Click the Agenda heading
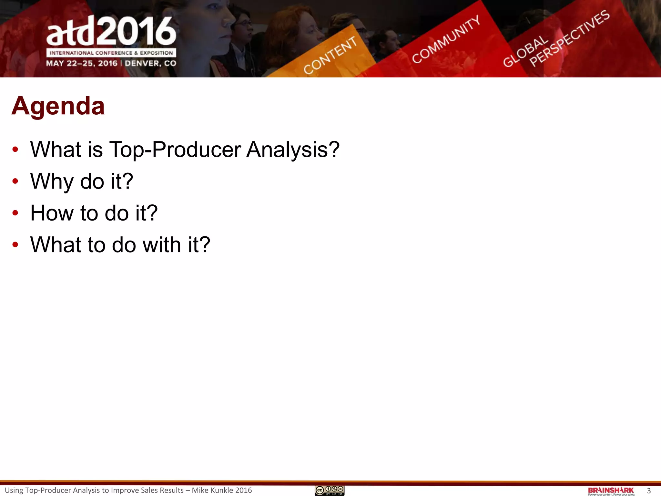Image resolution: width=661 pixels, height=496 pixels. click(58, 106)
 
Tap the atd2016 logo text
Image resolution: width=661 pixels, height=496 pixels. click(111, 32)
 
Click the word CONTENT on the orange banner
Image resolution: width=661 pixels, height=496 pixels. click(330, 55)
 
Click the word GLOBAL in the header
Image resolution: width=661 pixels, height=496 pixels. click(525, 52)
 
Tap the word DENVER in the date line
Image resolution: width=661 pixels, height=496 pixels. click(142, 63)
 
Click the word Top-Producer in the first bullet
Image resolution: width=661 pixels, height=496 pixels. click(175, 150)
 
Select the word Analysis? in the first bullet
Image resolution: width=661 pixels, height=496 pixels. click(293, 150)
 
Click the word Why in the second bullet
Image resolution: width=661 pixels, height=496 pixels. click(52, 181)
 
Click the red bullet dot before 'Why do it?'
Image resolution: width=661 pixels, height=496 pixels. click(15, 181)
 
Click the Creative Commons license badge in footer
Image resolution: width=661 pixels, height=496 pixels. click(330, 491)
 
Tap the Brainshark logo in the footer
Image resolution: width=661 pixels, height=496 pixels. click(611, 491)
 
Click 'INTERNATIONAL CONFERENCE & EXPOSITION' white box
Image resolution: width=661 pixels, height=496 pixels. click(111, 53)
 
